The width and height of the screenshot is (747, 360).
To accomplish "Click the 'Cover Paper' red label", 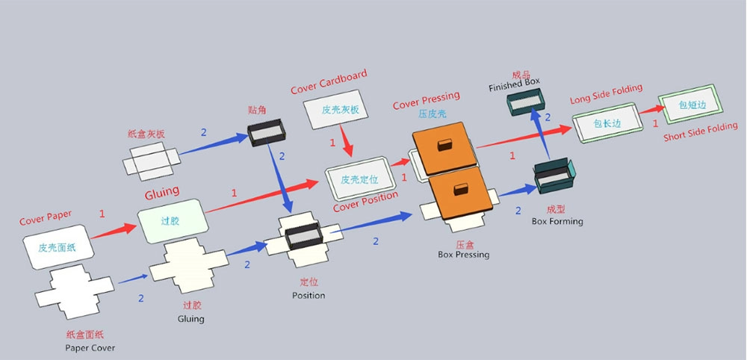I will point(46,218).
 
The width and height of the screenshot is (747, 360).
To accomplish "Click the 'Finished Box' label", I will point(514,86).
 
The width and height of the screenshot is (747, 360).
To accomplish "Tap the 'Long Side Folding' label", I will point(606,94).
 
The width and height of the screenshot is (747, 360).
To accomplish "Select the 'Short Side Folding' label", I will point(701,133).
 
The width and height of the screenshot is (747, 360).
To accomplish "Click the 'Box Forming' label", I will point(557,221).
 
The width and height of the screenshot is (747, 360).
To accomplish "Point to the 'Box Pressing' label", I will point(463,255).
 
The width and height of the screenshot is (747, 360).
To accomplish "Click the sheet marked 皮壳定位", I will point(359,179).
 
